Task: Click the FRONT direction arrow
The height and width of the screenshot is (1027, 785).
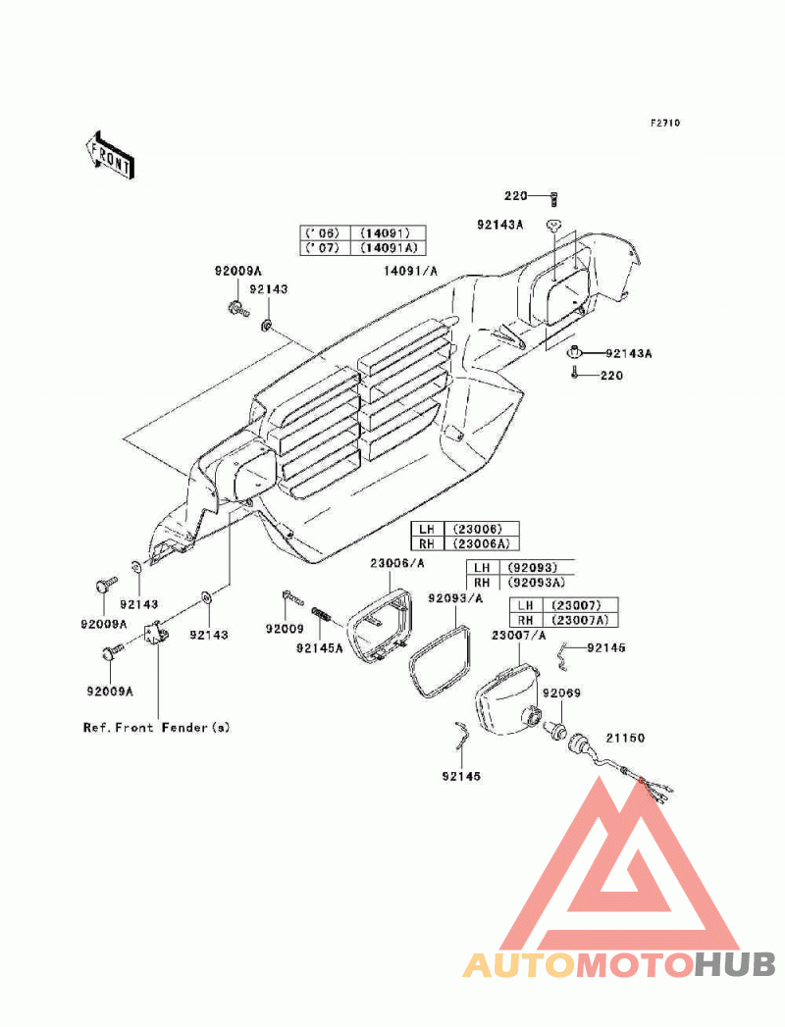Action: (109, 155)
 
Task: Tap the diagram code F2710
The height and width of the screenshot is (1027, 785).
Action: (665, 123)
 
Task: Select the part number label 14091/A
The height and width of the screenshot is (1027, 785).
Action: (410, 271)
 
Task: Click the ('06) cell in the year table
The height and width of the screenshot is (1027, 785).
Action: (325, 233)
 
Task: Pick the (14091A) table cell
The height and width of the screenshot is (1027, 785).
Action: (388, 248)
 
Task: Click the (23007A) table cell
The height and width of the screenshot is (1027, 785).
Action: (580, 620)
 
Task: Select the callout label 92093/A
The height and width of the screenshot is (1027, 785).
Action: (455, 597)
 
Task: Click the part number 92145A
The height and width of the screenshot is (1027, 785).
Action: (319, 648)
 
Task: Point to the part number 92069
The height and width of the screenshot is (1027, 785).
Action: (561, 693)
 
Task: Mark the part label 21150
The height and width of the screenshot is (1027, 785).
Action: (624, 738)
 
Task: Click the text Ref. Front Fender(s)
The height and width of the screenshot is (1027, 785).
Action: (157, 727)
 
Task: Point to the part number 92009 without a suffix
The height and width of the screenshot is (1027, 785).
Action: (285, 629)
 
